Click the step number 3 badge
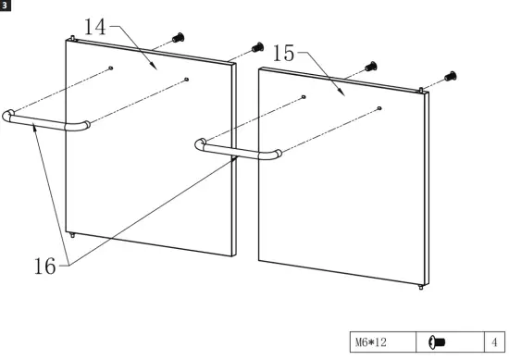pos(6,6)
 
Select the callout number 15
pos(283,54)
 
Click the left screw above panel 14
pos(179,38)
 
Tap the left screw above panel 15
pos(371,67)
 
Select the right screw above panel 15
pos(450,77)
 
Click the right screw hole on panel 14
pos(187,81)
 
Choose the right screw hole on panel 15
pos(380,109)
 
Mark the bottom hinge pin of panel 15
pos(421,288)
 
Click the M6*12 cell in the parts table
pos(382,342)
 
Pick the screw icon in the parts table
pos(439,342)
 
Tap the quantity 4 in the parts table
pos(494,342)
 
